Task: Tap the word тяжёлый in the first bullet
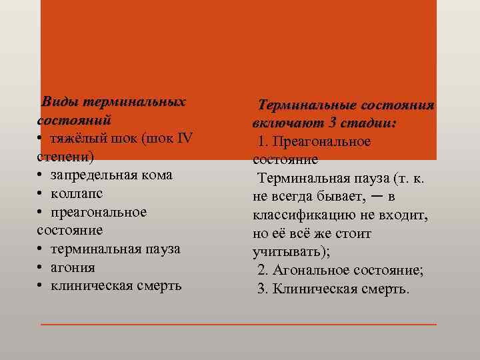tap(78, 139)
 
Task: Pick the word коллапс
tap(77, 193)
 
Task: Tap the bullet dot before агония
tap(41, 267)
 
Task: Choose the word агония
tap(73, 267)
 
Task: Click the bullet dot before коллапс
tap(41, 193)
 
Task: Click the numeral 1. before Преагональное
tap(263, 142)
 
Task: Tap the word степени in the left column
tap(65, 157)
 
